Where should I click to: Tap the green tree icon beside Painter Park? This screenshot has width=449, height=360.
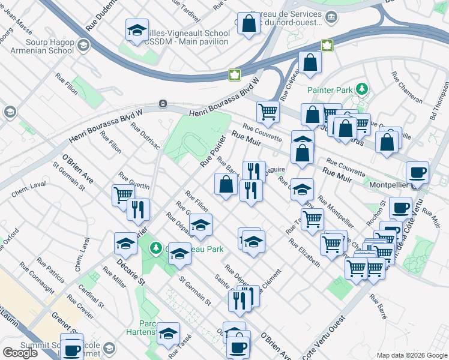pos(361,89)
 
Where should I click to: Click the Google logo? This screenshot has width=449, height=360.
pos(20,353)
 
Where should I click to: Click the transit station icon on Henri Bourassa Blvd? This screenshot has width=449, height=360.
pos(163,104)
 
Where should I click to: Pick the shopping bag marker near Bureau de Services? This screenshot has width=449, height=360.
pos(249,24)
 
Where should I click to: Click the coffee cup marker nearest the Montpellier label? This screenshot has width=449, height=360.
pos(417,173)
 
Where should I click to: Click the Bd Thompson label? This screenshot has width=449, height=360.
pos(441,100)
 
